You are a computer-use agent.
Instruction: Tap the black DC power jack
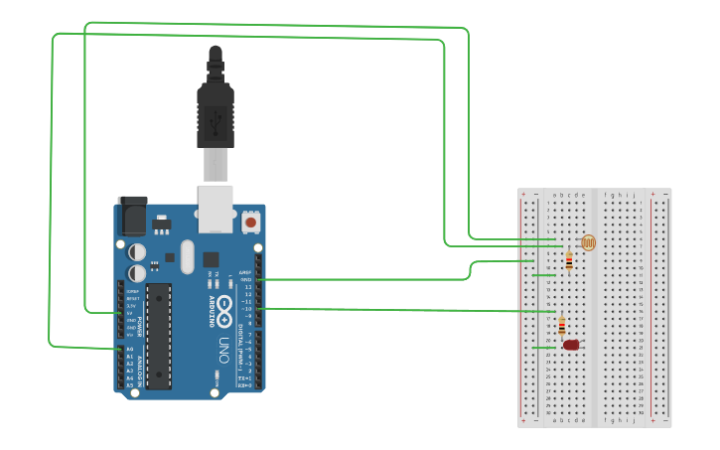(132, 215)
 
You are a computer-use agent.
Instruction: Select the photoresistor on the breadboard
(588, 242)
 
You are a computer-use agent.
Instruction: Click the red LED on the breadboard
(570, 345)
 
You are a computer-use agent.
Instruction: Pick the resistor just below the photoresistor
(568, 261)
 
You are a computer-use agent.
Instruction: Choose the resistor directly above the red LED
(562, 325)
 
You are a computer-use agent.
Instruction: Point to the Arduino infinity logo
(226, 309)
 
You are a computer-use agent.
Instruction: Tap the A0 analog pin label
(130, 349)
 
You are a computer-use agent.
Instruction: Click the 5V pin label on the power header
(131, 313)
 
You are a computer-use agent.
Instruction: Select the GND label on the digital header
(245, 279)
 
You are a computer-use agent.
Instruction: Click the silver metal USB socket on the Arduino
(216, 208)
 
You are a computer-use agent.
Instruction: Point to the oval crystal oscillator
(186, 256)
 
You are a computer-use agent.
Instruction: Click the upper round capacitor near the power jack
(137, 251)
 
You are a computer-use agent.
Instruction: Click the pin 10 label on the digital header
(247, 309)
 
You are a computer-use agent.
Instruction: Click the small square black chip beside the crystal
(211, 259)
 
